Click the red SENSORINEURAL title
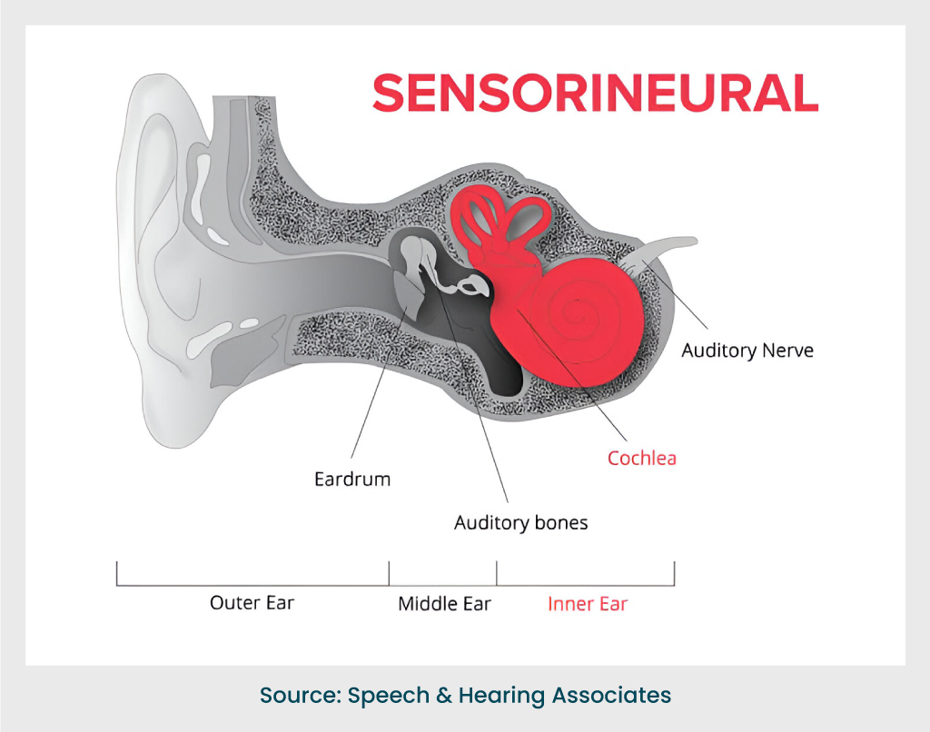[x=595, y=93]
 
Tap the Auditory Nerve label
[x=747, y=351]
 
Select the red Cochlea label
[x=641, y=458]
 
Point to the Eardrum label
[x=352, y=479]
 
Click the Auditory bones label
[x=520, y=523]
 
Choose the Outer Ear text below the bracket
[x=252, y=602]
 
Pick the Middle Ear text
[x=444, y=604]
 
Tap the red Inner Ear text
[x=588, y=604]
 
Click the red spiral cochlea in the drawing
[x=572, y=318]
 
